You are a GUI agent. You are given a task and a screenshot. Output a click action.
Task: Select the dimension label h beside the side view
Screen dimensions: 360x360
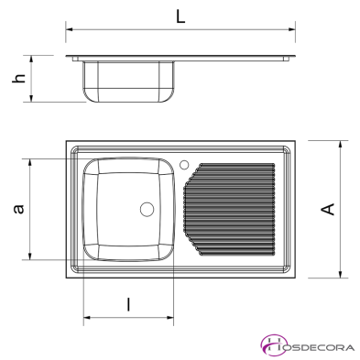16,79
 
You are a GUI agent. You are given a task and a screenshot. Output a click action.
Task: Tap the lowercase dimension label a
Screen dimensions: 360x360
16,210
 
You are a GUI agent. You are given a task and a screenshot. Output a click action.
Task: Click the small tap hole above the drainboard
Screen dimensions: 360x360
186,166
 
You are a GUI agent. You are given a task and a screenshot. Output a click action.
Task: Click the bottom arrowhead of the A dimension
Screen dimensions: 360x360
341,274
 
